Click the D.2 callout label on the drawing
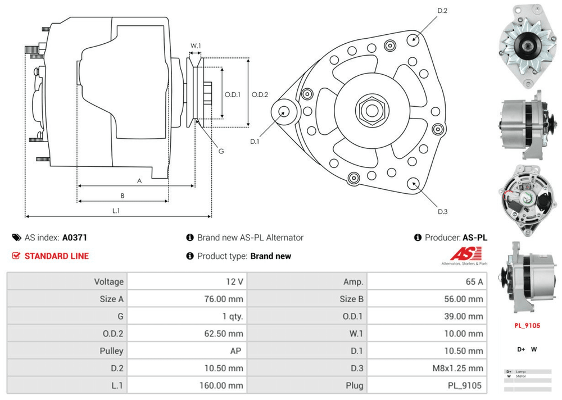click(442, 11)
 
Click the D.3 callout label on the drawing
click(442, 211)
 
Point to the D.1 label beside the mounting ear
click(255, 142)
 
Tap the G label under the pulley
click(221, 151)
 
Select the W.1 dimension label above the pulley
click(196, 46)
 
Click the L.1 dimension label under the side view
click(116, 211)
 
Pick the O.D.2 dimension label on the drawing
click(260, 94)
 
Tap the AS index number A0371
click(74, 238)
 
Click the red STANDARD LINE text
click(56, 256)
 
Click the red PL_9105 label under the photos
click(527, 325)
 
